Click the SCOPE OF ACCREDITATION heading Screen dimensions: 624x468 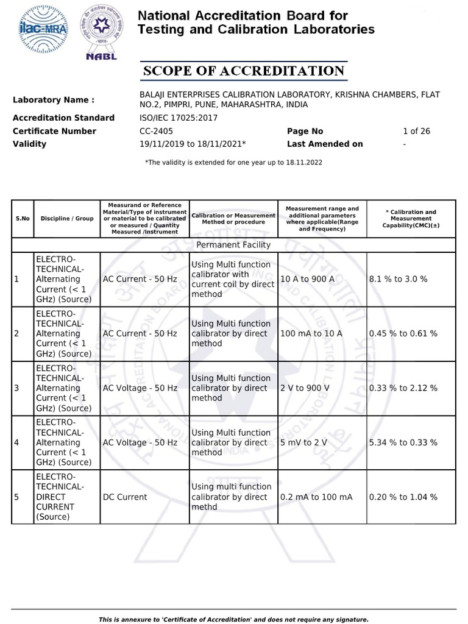click(x=244, y=71)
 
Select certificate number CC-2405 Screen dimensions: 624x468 click(x=157, y=131)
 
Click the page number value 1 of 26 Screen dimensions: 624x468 click(x=416, y=131)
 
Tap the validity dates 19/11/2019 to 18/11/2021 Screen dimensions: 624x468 click(x=193, y=144)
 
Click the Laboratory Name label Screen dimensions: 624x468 click(x=54, y=100)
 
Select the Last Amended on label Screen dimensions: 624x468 click(x=325, y=144)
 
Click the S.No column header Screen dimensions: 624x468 click(x=22, y=219)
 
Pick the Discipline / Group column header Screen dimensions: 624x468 click(x=67, y=219)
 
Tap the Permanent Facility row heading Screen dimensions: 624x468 click(x=233, y=245)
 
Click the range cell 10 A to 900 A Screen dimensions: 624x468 click(x=307, y=279)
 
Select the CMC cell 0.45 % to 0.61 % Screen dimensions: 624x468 click(x=403, y=333)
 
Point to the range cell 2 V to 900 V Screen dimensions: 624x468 click(x=305, y=388)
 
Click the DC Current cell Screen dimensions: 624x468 click(x=125, y=497)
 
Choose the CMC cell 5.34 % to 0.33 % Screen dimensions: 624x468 click(x=403, y=442)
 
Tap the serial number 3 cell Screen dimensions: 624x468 click(x=16, y=388)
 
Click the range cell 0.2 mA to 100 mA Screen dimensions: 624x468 click(x=316, y=497)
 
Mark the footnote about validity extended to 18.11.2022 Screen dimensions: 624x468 click(x=233, y=163)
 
